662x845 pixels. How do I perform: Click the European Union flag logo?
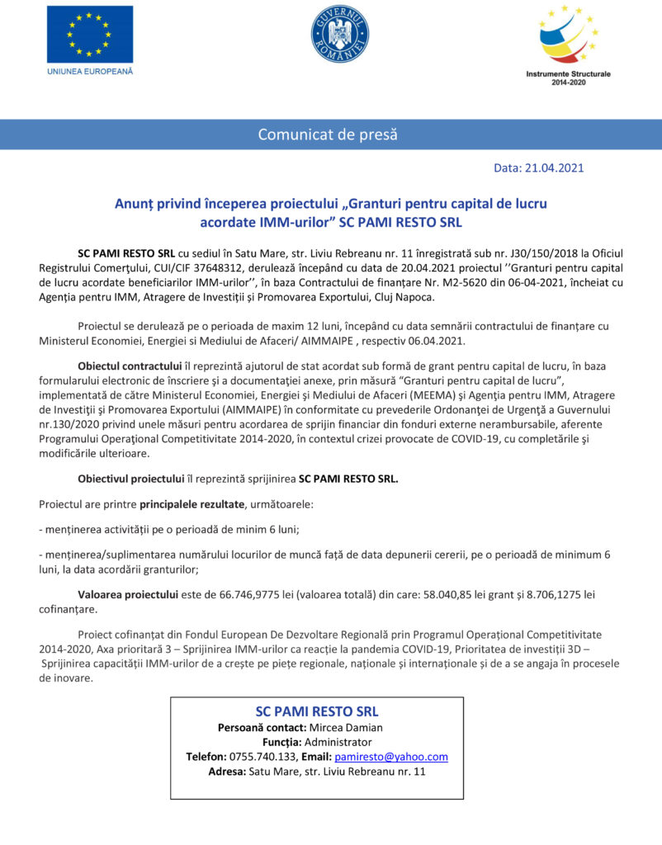click(89, 33)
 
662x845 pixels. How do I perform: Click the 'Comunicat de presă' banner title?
click(328, 134)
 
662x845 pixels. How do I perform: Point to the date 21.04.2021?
click(555, 168)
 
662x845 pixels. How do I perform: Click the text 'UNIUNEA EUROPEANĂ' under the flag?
click(90, 71)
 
